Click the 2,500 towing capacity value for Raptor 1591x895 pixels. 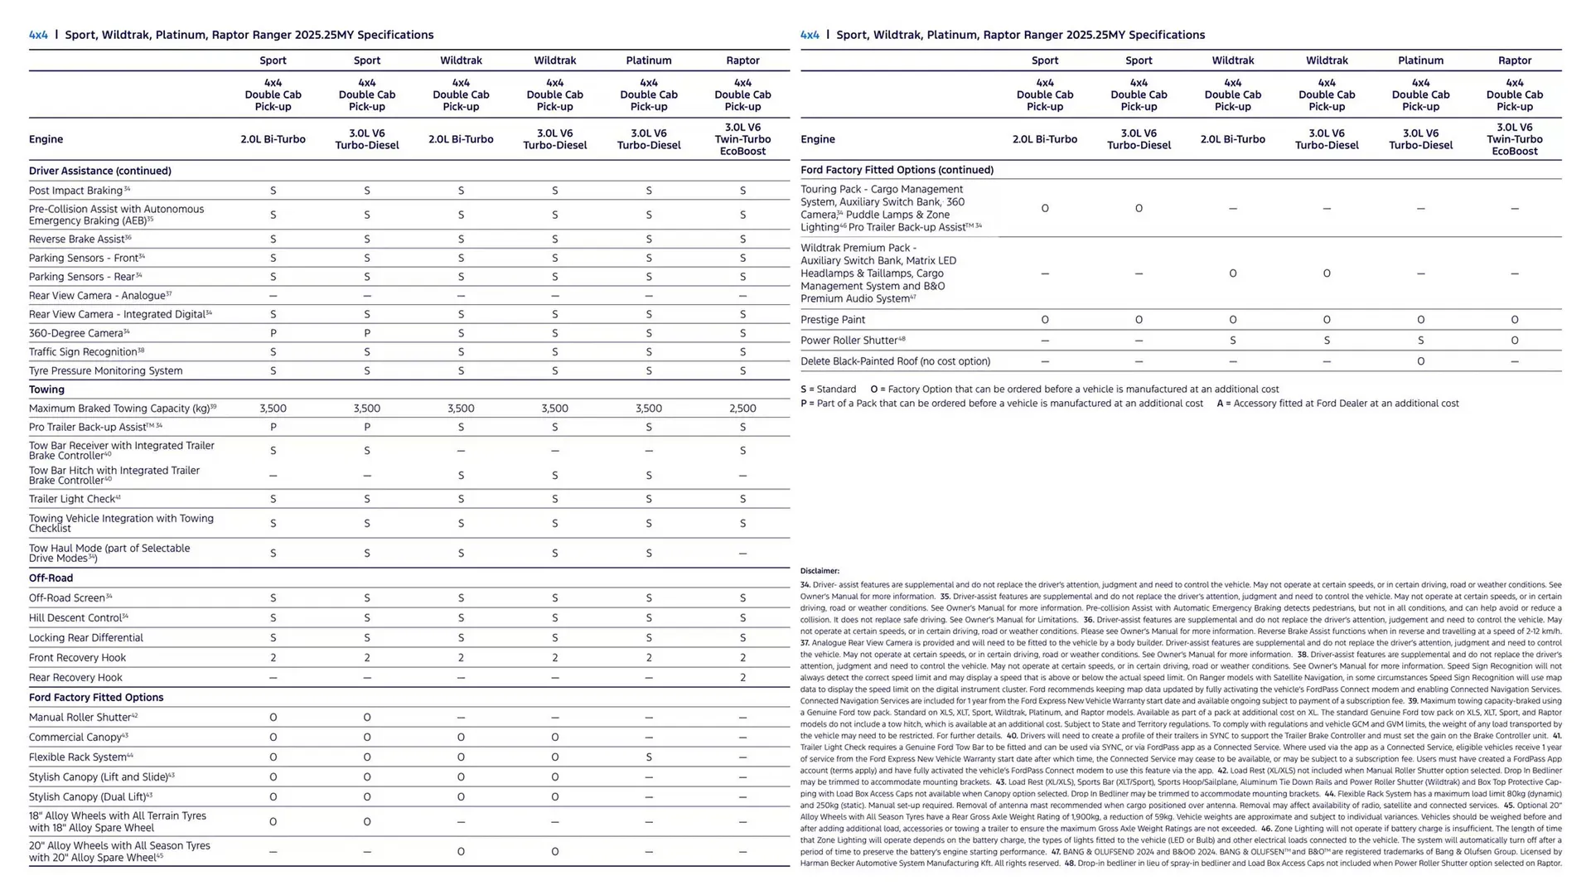[742, 409]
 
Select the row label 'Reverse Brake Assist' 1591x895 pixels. [77, 239]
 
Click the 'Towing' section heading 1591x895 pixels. [46, 389]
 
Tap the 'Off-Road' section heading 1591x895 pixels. [51, 578]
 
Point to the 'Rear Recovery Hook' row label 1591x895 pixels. [75, 678]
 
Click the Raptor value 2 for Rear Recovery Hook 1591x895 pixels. [742, 678]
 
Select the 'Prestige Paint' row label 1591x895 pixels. [832, 320]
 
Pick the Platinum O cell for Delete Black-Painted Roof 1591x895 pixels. [1420, 361]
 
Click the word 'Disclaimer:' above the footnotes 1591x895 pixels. [820, 571]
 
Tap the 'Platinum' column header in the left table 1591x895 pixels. [648, 60]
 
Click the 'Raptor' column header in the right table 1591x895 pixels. [1514, 60]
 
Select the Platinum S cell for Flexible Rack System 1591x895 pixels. [648, 757]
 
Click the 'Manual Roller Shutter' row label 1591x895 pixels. [80, 718]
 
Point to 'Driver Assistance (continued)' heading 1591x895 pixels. [100, 171]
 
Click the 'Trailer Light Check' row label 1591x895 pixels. [72, 499]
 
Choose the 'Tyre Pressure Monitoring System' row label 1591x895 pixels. [105, 371]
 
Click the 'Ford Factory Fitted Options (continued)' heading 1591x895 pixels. [897, 170]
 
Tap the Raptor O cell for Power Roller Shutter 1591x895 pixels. [1514, 341]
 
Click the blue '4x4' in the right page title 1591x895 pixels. [809, 35]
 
